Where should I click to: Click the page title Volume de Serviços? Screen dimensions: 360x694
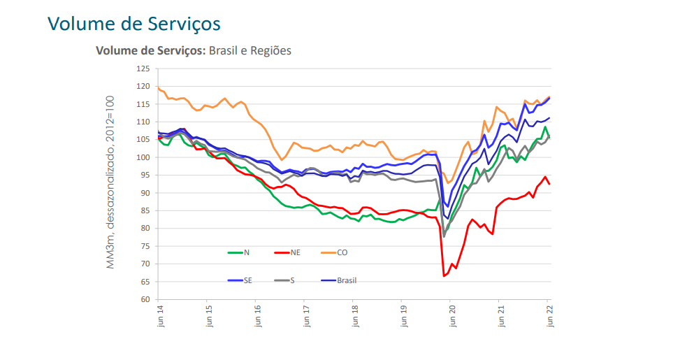tap(134, 23)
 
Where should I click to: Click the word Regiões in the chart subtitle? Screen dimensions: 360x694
tap(269, 50)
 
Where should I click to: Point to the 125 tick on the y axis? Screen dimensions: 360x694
tap(143, 69)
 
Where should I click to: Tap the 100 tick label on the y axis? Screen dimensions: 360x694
tap(143, 157)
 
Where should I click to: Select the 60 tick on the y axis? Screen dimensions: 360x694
tap(145, 299)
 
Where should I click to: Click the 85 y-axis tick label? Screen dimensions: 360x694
tap(145, 210)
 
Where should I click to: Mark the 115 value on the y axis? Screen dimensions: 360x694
tap(143, 104)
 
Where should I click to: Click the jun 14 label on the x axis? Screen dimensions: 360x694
tap(159, 312)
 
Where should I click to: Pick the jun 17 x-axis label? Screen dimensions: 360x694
tap(305, 312)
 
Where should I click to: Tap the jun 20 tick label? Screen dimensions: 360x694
tap(452, 312)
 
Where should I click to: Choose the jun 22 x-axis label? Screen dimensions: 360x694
tap(549, 312)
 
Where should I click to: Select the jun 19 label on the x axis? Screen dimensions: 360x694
tap(403, 312)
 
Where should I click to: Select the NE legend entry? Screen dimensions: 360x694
tap(295, 252)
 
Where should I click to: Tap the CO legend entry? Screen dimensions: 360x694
tap(342, 252)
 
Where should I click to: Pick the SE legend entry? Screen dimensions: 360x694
tap(248, 280)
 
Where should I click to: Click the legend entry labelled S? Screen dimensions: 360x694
tap(292, 280)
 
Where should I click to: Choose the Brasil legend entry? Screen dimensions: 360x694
tap(347, 280)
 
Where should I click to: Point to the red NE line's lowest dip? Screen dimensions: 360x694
tap(444, 276)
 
